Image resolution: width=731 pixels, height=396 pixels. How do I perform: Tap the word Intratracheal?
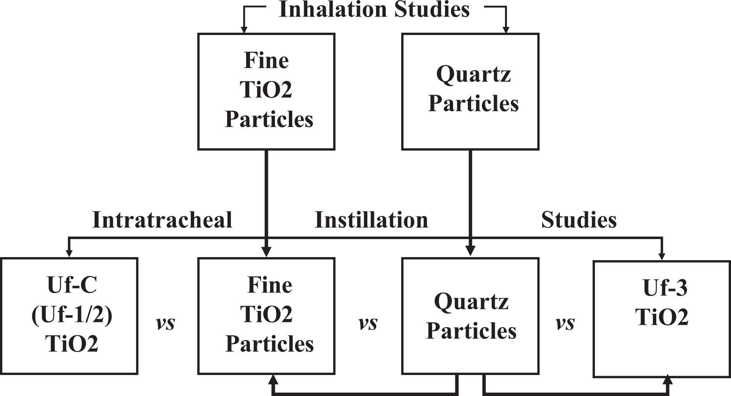(162, 220)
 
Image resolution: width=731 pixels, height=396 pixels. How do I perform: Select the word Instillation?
(371, 220)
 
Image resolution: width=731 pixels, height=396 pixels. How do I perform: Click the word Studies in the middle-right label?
(579, 220)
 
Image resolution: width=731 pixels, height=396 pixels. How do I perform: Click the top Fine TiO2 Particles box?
(266, 92)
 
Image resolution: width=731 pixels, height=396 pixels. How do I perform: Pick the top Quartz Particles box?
(470, 92)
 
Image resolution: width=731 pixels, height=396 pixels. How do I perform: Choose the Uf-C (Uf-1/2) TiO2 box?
(70, 316)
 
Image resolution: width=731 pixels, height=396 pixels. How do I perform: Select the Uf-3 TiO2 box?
(661, 319)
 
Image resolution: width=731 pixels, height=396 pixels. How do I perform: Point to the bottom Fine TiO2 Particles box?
(266, 316)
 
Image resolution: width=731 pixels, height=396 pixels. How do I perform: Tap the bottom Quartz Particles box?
(470, 316)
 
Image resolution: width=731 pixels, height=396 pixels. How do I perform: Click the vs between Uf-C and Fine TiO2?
(165, 323)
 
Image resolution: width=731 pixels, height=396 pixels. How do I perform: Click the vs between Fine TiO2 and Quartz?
(368, 323)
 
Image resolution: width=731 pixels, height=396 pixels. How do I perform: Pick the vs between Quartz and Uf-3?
(565, 323)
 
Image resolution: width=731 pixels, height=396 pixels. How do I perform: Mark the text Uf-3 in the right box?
(665, 288)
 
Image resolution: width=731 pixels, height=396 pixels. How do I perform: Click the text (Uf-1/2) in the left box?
(72, 316)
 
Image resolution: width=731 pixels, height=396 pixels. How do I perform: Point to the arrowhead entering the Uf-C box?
(69, 253)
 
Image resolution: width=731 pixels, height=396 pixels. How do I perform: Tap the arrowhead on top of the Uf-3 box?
(662, 256)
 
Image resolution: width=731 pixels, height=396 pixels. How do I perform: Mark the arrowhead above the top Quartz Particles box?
(506, 29)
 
